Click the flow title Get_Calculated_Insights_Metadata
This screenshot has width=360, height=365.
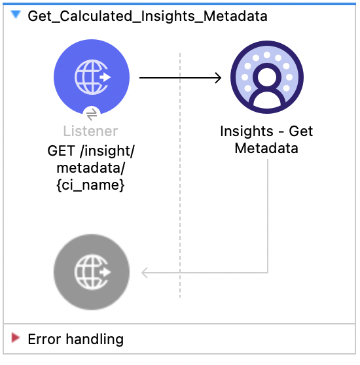tap(147, 16)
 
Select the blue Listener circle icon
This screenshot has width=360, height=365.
tap(92, 77)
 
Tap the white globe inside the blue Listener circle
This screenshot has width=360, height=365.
tap(90, 77)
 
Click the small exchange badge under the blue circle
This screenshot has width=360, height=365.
tap(92, 113)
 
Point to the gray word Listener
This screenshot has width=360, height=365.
tap(91, 131)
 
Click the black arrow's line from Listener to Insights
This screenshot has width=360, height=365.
tap(177, 78)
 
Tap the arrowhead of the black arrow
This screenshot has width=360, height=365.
tap(217, 78)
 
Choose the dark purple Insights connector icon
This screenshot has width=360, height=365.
tap(266, 77)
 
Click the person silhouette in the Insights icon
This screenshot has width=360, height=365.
tap(266, 82)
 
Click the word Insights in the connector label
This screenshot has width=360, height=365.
tap(247, 131)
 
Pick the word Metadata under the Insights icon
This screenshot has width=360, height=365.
tap(266, 148)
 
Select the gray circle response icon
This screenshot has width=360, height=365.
tap(92, 271)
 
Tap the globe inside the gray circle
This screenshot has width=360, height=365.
tap(90, 271)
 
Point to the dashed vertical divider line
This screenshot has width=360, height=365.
tap(180, 196)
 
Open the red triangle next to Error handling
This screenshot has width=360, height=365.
tap(16, 339)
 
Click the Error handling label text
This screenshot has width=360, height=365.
tap(75, 339)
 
